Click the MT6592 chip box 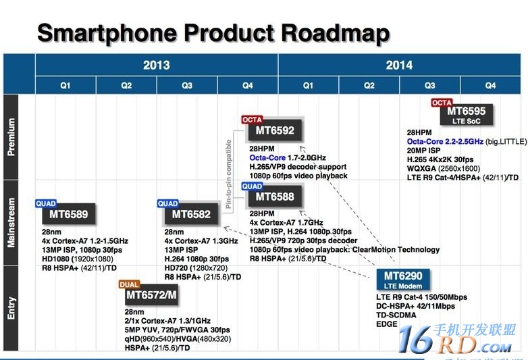point(275,130)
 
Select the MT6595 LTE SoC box point(467,114)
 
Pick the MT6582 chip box point(191,214)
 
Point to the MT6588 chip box point(275,197)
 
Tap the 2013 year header point(156,66)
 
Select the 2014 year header point(399,66)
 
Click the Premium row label point(11,137)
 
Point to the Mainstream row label point(11,222)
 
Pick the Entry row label point(11,307)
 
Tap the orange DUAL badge point(129,284)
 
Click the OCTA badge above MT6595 point(442,103)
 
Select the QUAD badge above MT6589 point(46,203)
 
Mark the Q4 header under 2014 point(490,86)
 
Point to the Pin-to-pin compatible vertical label point(229,169)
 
